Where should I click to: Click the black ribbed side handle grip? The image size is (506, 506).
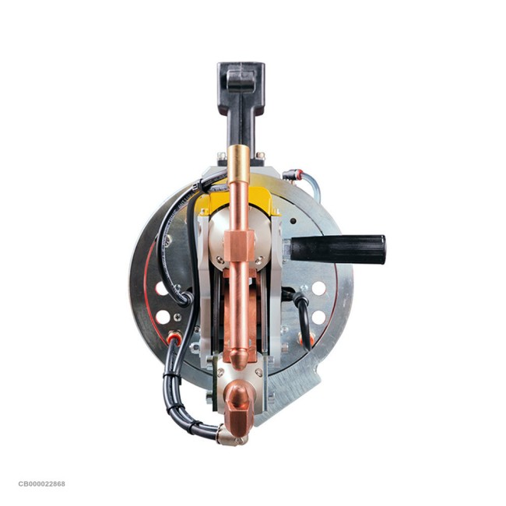pyautogui.click(x=338, y=249)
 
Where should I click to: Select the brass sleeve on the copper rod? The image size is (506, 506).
pyautogui.click(x=238, y=164)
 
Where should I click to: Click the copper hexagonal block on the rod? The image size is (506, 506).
pyautogui.click(x=239, y=246)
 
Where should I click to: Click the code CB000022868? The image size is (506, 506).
pyautogui.click(x=41, y=483)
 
